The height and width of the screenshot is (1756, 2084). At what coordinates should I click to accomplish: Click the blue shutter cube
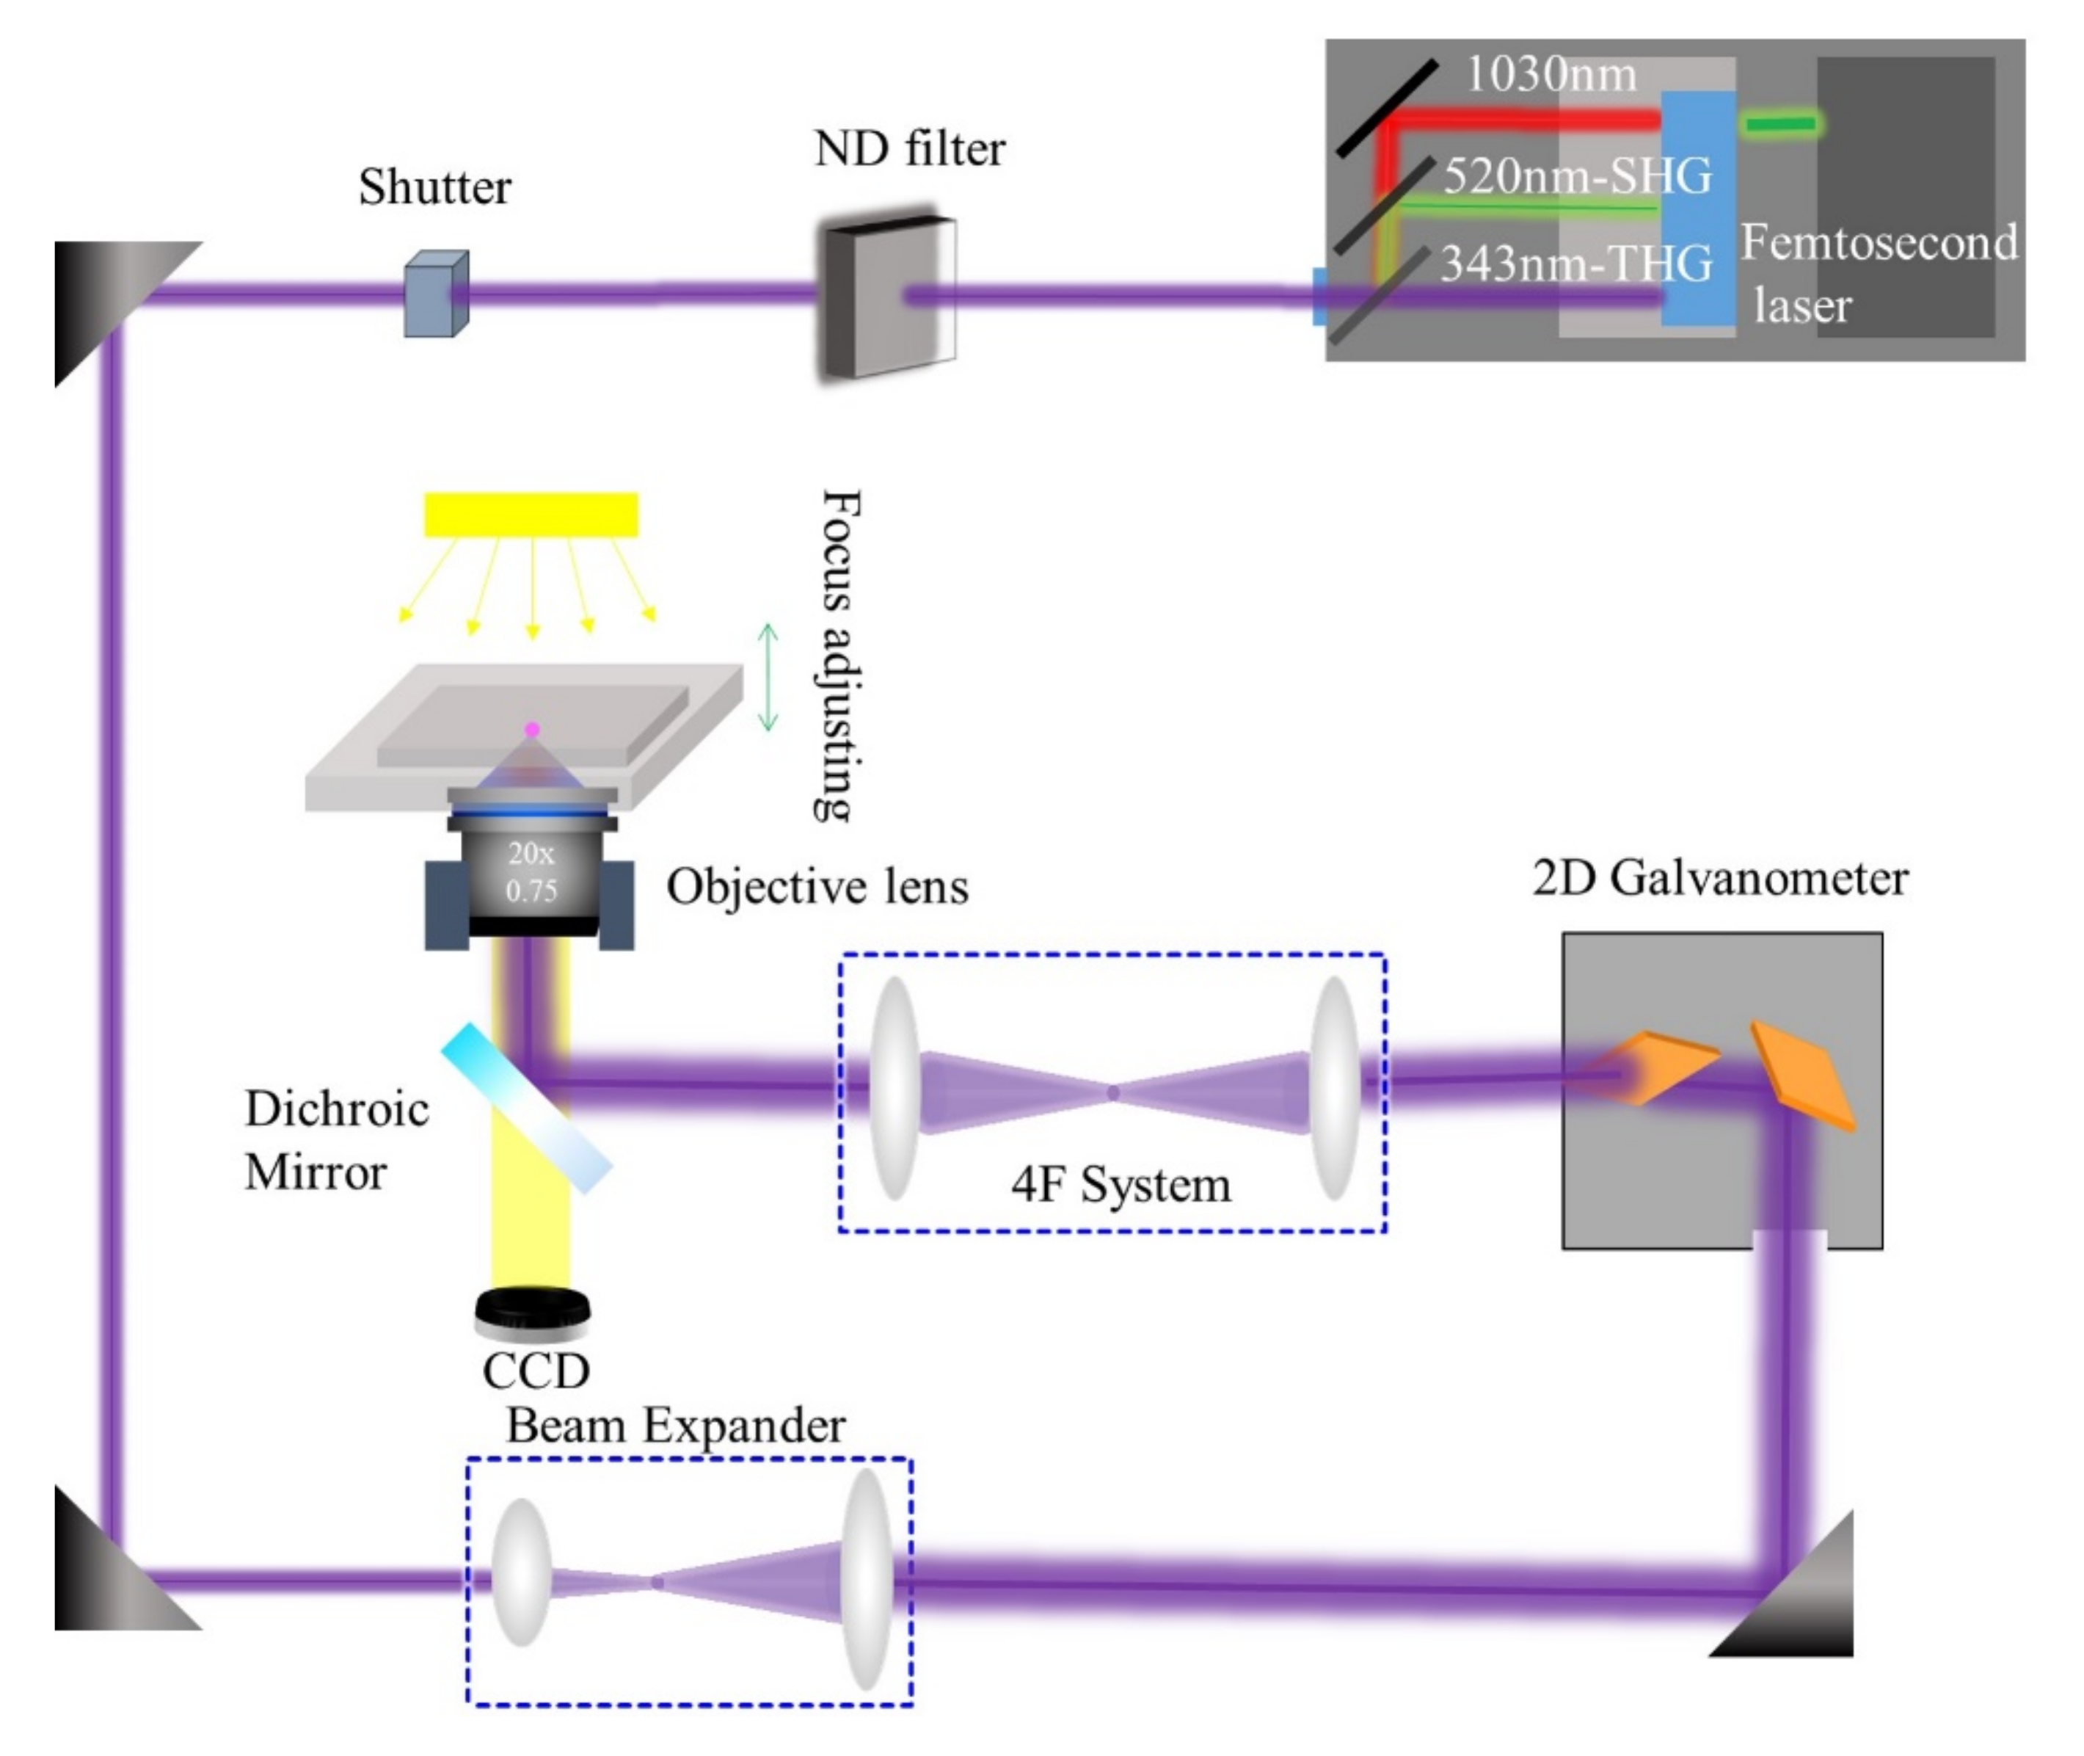436,294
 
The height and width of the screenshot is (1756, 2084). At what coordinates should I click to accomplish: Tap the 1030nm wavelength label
1551,75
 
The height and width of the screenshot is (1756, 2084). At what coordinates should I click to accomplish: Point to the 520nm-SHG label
1578,175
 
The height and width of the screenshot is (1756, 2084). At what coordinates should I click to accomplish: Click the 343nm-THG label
1576,264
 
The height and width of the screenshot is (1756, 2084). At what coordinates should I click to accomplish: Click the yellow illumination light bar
531,515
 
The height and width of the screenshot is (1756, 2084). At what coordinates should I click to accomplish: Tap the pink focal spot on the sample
533,730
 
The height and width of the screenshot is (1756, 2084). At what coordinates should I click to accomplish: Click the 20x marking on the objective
531,853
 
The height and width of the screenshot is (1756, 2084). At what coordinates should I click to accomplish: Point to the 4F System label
1121,1185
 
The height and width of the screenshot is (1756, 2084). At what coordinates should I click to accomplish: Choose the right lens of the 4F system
1335,1087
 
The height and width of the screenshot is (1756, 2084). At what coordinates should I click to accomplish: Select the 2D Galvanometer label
1720,878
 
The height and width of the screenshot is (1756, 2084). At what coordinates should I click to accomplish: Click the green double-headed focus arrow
768,677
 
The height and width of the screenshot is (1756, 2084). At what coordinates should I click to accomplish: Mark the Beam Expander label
676,1426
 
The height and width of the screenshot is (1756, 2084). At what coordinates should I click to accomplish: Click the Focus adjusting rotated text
839,655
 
